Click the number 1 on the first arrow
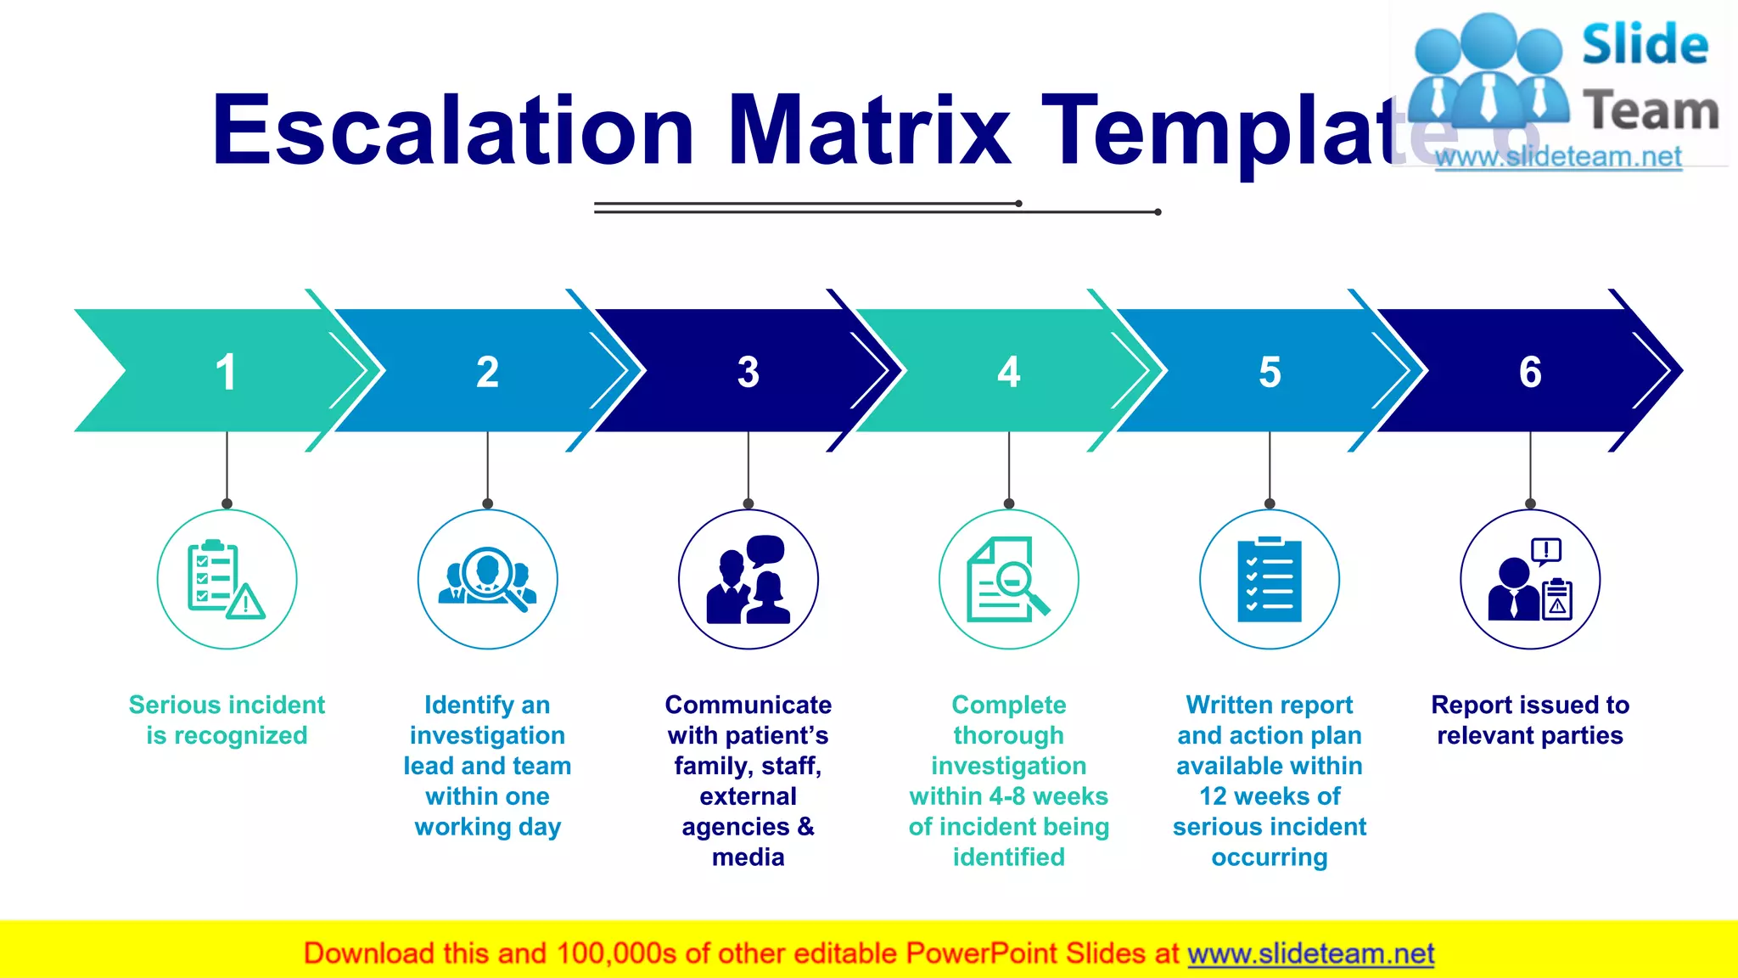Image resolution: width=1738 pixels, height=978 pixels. (x=226, y=372)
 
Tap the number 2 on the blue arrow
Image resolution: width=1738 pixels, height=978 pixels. (x=487, y=372)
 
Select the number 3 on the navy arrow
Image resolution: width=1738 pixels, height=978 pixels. (x=748, y=372)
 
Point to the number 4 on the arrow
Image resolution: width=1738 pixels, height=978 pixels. (x=1008, y=372)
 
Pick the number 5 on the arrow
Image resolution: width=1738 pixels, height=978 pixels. (x=1270, y=372)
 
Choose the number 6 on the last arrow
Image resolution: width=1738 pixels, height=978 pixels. (x=1530, y=372)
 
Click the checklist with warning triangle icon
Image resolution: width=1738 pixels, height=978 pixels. (x=227, y=579)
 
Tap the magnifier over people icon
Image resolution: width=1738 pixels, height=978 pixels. (x=487, y=579)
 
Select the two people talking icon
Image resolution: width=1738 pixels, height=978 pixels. (x=748, y=579)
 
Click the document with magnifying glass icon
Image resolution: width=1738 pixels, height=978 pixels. (x=1008, y=579)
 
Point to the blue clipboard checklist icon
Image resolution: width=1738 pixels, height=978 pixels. (x=1270, y=579)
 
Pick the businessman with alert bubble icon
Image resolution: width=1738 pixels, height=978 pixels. (x=1530, y=579)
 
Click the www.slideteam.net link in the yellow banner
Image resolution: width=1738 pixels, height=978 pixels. (x=1310, y=953)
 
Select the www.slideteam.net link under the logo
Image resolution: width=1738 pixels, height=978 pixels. (x=1558, y=157)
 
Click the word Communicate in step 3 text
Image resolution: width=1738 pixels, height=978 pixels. (x=748, y=705)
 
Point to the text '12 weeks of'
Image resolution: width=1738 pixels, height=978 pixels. (x=1270, y=796)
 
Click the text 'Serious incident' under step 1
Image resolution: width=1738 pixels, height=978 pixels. (x=227, y=705)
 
